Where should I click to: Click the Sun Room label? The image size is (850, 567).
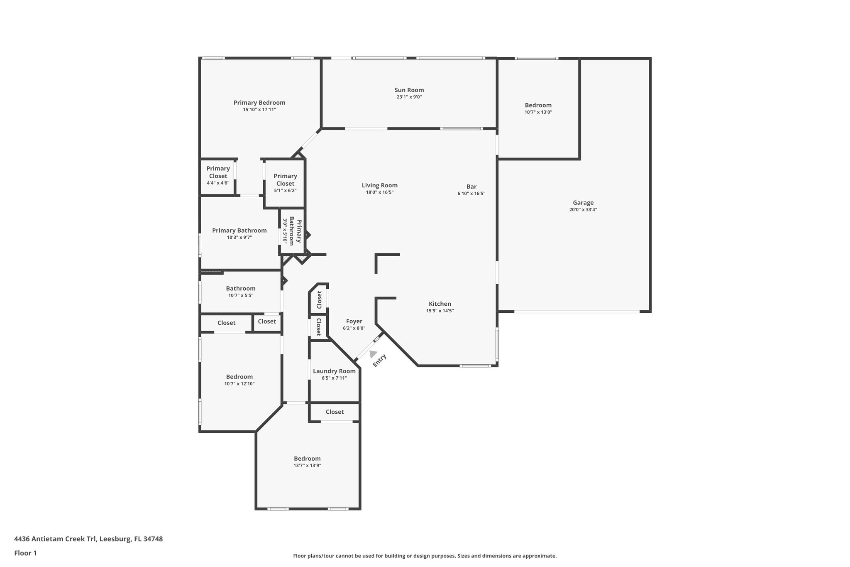pos(409,90)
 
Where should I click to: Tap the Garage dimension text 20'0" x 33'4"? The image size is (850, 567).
pos(583,210)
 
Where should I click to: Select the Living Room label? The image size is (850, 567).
pos(379,186)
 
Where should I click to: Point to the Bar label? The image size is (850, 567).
pos(471,187)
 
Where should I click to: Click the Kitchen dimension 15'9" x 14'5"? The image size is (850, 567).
pos(440,311)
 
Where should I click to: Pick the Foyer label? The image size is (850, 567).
pos(354,321)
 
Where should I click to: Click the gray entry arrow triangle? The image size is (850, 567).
pos(373,354)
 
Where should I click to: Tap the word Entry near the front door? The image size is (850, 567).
pos(379,360)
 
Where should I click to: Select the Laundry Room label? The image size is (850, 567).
pos(334,371)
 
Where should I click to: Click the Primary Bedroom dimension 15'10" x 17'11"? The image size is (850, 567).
pos(259,110)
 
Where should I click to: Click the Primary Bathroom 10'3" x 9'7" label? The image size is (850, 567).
pos(239,231)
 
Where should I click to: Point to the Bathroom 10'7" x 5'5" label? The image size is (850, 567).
pos(241,288)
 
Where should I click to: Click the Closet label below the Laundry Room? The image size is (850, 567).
pos(335,412)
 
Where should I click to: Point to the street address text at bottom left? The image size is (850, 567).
pos(88,539)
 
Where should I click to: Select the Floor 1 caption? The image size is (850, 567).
pos(26,553)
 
